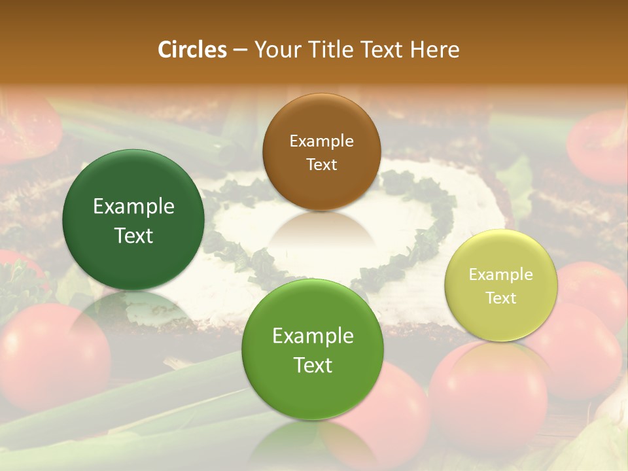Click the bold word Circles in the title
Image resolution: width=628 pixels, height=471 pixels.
(x=192, y=50)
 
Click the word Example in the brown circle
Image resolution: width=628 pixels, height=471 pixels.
(x=321, y=141)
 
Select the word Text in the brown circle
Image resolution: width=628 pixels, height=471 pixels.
(x=321, y=164)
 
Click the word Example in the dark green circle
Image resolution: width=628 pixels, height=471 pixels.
(x=133, y=207)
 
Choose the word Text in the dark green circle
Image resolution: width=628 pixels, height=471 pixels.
(x=133, y=235)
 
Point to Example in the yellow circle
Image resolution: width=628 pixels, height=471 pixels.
(x=501, y=275)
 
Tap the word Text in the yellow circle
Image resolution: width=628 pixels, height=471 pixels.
(x=501, y=298)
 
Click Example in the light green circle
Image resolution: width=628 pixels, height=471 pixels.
(x=313, y=336)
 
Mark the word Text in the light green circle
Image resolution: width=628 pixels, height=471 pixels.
(x=313, y=365)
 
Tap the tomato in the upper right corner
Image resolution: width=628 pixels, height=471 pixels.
(x=599, y=147)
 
